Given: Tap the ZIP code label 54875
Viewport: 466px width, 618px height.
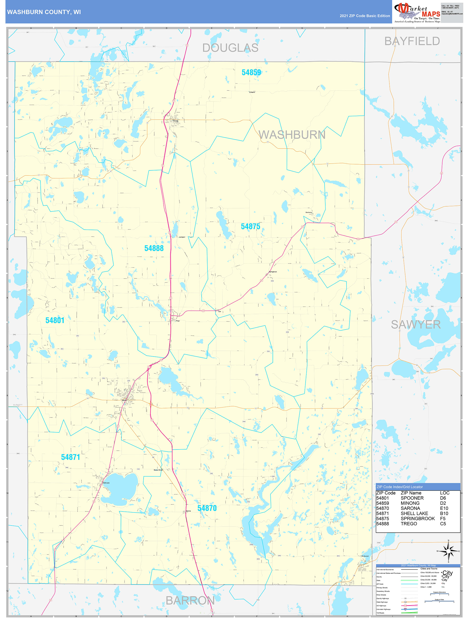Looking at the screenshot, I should pyautogui.click(x=250, y=227).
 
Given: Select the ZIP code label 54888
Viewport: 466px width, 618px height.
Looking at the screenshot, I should pyautogui.click(x=154, y=248).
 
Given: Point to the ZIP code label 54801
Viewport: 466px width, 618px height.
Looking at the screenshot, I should pyautogui.click(x=55, y=320).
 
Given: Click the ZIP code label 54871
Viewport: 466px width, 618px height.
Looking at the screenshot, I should pyautogui.click(x=70, y=457).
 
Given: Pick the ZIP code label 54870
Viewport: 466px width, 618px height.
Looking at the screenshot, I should pyautogui.click(x=207, y=508).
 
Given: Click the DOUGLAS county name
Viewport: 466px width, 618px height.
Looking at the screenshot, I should pyautogui.click(x=230, y=48).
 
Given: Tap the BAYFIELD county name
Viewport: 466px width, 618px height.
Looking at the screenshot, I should pyautogui.click(x=412, y=41).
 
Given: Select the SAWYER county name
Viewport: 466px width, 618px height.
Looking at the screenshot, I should pyautogui.click(x=415, y=324).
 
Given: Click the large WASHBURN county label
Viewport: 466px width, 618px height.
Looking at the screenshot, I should pyautogui.click(x=292, y=135).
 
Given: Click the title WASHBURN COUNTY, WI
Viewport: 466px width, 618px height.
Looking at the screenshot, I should pyautogui.click(x=44, y=12).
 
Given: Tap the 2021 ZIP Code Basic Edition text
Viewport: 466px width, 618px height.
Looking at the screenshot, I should pyautogui.click(x=365, y=16).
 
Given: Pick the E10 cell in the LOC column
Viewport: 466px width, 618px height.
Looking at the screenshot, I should pyautogui.click(x=444, y=508).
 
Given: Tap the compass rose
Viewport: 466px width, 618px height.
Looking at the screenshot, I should pyautogui.click(x=448, y=551).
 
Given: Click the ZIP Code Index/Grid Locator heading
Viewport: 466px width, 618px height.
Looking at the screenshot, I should pyautogui.click(x=399, y=487).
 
